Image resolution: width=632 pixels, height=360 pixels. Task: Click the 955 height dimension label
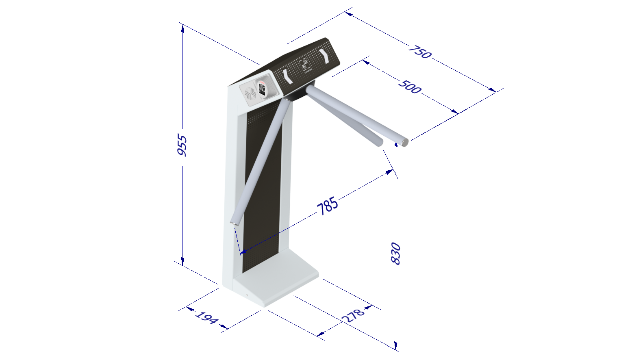[182, 145]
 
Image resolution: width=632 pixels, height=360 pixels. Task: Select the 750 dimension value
[420, 52]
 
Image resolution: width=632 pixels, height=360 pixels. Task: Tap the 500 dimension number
[410, 87]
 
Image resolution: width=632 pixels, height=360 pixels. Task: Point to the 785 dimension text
[327, 206]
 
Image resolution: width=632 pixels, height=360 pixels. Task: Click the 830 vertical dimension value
[395, 254]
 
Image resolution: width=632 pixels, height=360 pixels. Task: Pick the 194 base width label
[206, 318]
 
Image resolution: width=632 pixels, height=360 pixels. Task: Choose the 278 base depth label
[353, 315]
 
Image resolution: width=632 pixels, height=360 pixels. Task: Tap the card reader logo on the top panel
[304, 65]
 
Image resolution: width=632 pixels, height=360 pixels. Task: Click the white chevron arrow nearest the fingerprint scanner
[288, 76]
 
